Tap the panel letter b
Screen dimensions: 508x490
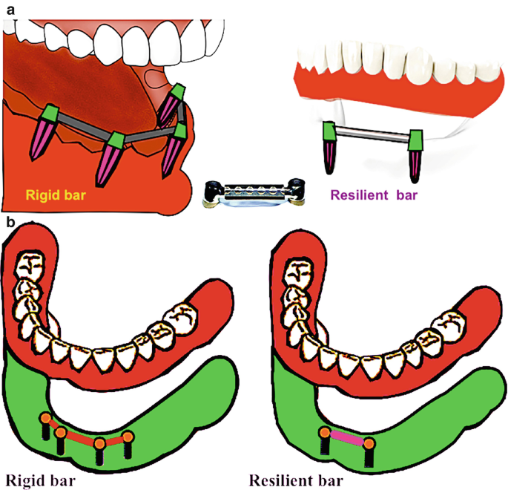pos(9,222)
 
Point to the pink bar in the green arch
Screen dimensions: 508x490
pos(346,439)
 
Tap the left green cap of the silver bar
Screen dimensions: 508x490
pos(330,134)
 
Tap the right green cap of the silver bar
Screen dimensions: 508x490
pos(415,137)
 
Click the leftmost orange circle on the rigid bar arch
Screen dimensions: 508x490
pos(46,419)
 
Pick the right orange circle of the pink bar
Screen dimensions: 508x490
pos(369,444)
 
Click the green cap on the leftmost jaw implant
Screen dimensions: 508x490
pos(49,113)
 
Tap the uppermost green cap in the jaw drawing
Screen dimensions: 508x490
pos(178,93)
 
